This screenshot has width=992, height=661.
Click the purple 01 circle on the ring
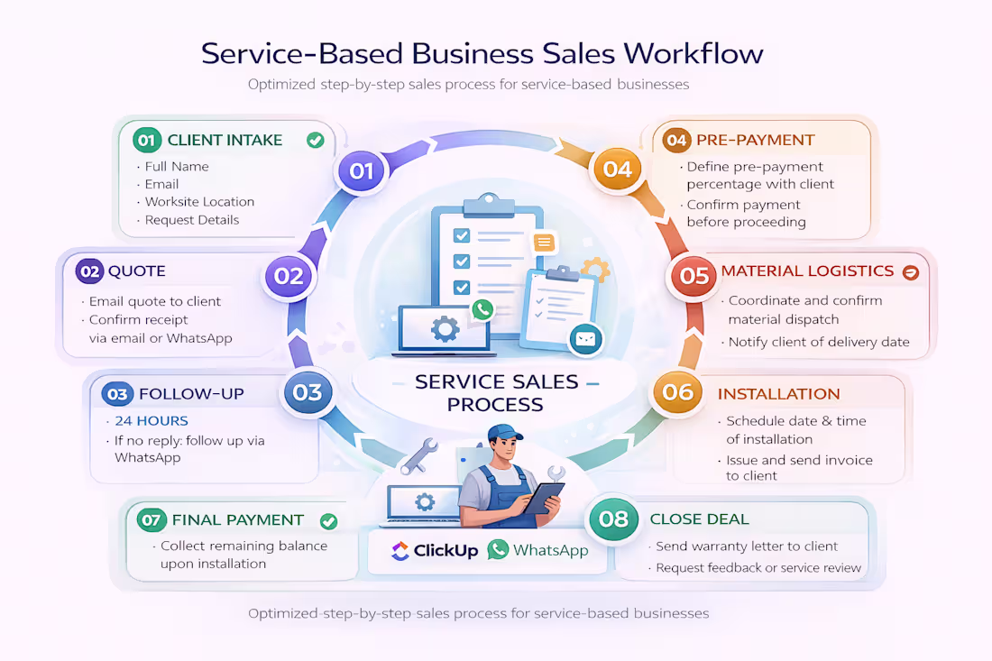click(361, 170)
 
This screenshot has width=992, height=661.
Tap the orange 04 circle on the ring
click(617, 169)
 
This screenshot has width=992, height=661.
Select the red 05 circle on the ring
click(694, 275)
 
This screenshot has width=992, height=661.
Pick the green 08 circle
click(613, 519)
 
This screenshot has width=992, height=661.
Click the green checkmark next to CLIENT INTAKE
click(315, 140)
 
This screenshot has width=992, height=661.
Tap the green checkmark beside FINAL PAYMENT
click(328, 520)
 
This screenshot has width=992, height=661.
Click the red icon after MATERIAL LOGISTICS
click(910, 271)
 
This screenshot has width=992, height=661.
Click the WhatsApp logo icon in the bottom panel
click(498, 549)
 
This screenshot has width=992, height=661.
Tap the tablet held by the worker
click(545, 497)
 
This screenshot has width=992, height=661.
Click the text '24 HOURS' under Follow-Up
click(152, 421)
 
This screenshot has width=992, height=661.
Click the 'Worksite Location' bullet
click(199, 202)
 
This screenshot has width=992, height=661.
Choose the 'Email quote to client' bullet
click(154, 301)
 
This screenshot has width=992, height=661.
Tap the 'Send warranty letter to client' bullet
click(747, 546)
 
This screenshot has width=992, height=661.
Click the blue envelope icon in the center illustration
click(584, 339)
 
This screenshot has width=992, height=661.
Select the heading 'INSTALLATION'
click(778, 394)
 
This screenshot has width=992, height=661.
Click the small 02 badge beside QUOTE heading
click(89, 271)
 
